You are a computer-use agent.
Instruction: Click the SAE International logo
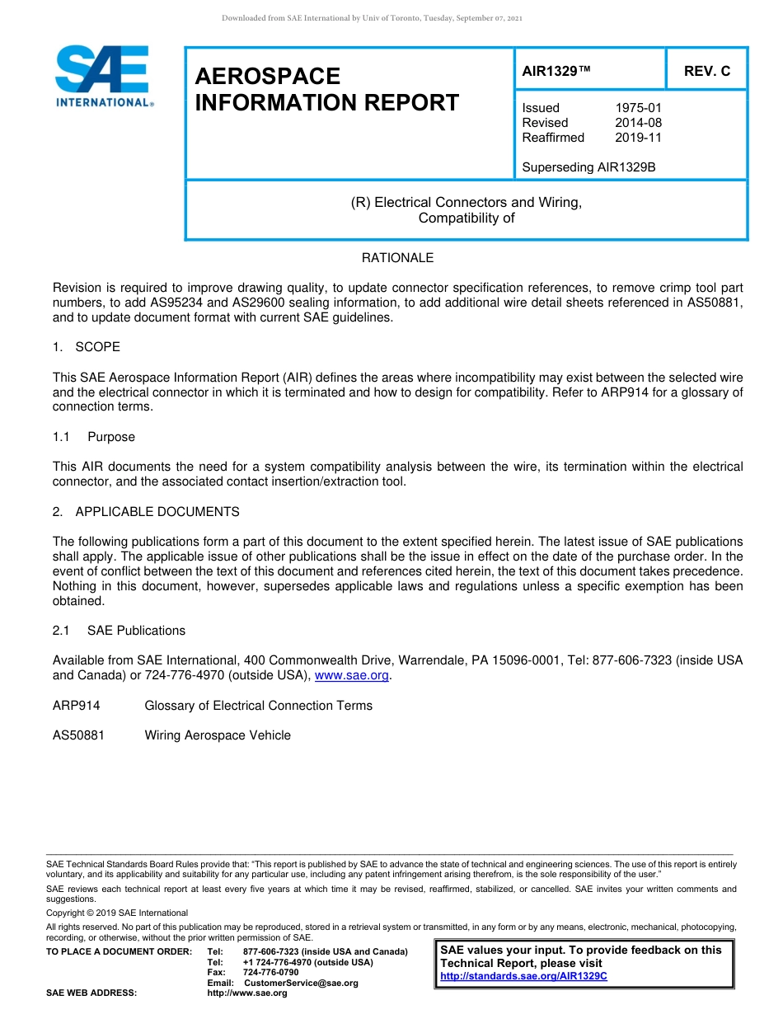click(103, 76)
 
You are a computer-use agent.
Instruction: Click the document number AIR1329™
click(556, 72)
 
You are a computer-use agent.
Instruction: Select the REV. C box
click(706, 72)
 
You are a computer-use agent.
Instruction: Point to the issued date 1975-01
click(638, 108)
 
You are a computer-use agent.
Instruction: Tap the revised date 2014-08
click(638, 123)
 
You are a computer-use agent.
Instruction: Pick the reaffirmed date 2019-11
click(638, 138)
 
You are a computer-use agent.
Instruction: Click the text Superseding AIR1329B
click(588, 167)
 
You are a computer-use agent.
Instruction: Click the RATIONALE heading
click(397, 258)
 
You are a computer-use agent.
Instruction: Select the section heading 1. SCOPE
click(87, 347)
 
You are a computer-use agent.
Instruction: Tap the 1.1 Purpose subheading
click(94, 437)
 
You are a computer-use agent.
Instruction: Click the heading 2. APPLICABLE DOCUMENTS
click(146, 512)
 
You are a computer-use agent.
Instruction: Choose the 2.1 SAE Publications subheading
click(120, 631)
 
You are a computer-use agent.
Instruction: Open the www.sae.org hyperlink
click(352, 676)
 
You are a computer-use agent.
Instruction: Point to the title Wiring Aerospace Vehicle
click(218, 735)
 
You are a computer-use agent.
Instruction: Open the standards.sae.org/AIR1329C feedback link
click(523, 976)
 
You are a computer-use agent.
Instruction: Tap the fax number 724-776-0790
click(271, 973)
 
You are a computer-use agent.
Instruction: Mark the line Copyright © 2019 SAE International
click(117, 913)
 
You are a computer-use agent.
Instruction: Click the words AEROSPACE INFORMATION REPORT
click(326, 89)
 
